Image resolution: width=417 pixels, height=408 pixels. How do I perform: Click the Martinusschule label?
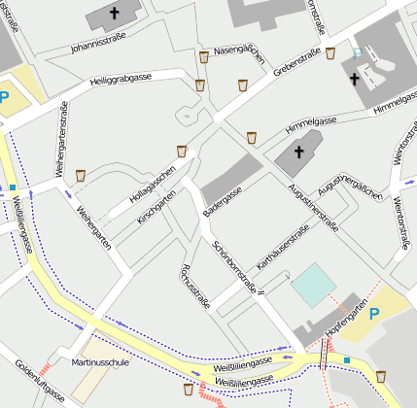(100, 362)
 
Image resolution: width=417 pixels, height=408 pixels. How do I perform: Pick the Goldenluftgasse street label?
(39, 382)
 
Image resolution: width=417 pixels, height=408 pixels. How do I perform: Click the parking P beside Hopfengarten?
(375, 311)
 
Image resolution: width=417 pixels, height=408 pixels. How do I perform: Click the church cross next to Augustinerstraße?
(298, 153)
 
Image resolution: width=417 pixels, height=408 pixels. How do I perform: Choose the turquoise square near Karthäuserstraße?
(312, 283)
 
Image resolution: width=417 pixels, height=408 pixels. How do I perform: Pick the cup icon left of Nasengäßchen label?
(204, 57)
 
